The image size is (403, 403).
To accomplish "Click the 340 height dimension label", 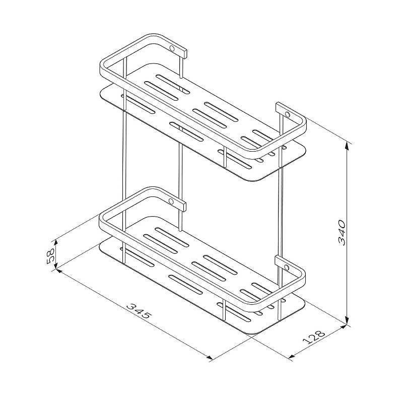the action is click(343, 232).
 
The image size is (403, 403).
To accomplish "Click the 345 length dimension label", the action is click(139, 311).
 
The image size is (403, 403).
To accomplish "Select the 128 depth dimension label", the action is click(314, 337).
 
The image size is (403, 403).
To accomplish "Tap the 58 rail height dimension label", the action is click(50, 256).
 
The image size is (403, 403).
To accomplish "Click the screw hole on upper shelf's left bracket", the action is click(171, 48).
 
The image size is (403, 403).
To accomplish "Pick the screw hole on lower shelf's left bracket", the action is click(171, 201).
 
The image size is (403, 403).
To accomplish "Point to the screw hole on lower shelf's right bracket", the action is click(286, 267).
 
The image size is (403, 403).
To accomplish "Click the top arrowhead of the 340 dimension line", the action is click(347, 145).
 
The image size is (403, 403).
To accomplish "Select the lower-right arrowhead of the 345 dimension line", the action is click(209, 357).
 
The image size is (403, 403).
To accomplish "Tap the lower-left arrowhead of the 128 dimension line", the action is click(292, 356).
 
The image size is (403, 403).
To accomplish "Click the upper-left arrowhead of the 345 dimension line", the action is click(58, 271).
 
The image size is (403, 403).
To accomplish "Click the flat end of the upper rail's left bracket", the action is click(184, 54).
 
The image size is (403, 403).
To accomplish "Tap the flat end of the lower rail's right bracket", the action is click(278, 260).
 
